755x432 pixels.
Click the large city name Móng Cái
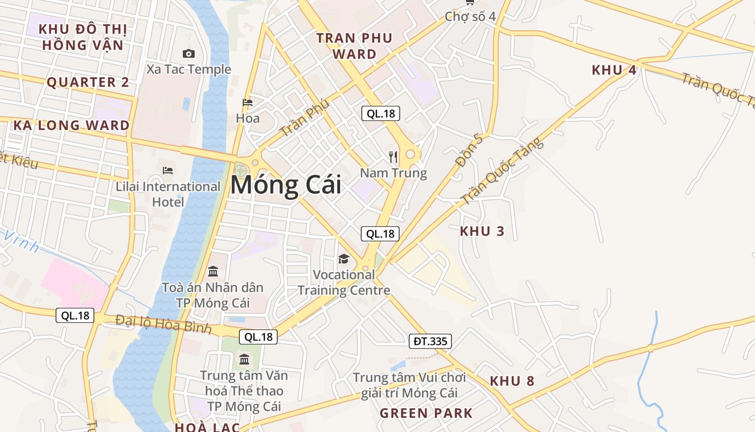286,186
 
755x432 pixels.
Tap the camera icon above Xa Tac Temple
189,53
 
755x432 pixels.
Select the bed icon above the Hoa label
248,103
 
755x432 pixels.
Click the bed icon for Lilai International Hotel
168,171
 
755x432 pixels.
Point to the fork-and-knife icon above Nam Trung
393,157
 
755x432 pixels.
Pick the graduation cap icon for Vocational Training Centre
344,259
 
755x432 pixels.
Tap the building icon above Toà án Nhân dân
213,271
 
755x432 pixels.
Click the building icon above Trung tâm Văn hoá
244,359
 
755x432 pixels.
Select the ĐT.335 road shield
430,341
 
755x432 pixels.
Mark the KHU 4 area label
614,70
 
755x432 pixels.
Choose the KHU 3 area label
482,232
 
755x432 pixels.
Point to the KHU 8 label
512,381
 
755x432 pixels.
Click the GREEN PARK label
426,414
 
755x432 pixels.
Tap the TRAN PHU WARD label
354,46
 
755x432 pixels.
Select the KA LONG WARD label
71,126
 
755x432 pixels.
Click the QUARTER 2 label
88,83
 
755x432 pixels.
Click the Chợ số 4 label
470,16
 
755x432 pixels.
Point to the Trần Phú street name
304,118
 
